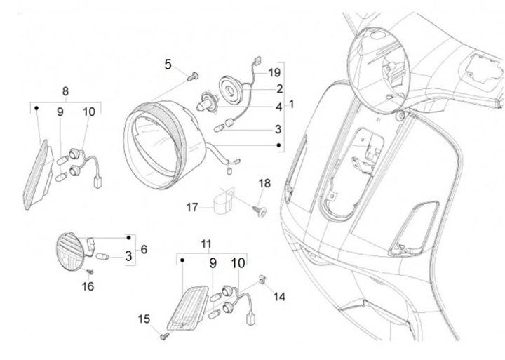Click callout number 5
coord(168,64)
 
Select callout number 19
coord(274,72)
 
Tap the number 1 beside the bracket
coord(292,104)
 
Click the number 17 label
coord(193,207)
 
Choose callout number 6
coord(144,249)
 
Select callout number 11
coord(206,244)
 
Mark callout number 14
coord(279,296)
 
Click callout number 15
coord(144,319)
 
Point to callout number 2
coord(278,89)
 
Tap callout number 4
coord(278,107)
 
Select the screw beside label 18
coord(261,208)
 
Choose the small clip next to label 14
coord(263,279)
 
